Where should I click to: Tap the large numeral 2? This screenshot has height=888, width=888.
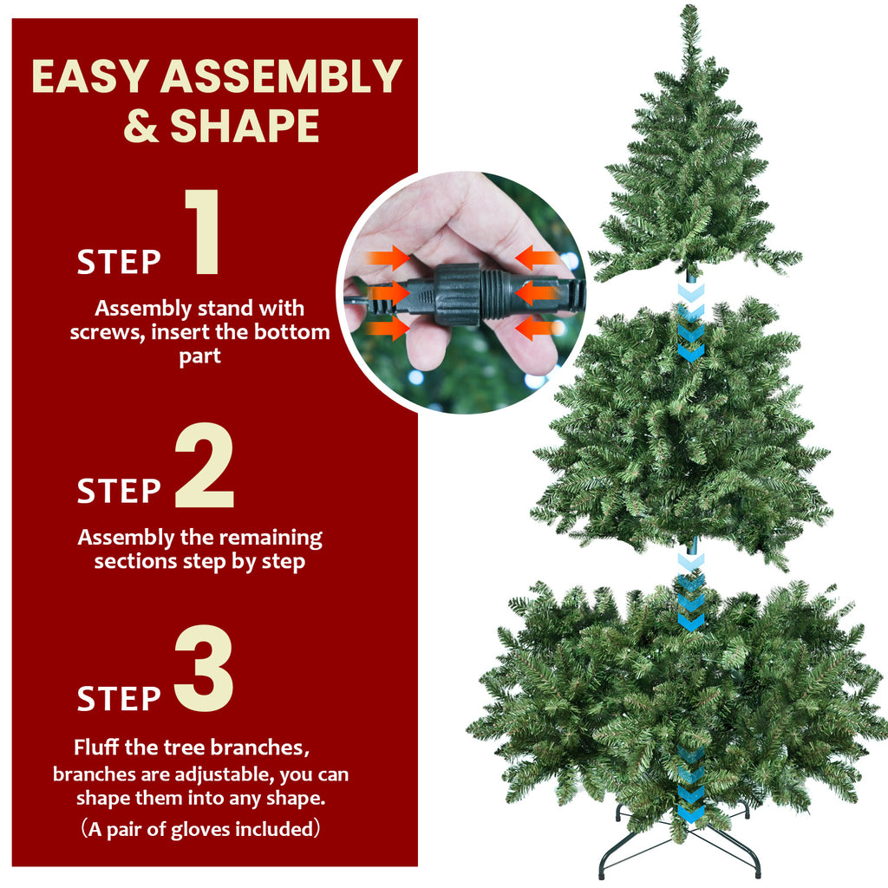pos(205,466)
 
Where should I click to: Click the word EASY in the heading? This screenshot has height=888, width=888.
pos(89,77)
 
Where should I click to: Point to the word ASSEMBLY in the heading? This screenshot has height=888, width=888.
pos(281,77)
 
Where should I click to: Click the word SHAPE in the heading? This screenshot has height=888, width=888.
pos(245,127)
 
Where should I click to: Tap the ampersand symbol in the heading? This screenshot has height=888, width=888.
pos(140,127)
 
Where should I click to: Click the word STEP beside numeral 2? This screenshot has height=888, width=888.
pos(119,492)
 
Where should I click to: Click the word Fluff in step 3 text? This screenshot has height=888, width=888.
pos(98,747)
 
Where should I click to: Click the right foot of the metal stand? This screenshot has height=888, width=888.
pos(757,870)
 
